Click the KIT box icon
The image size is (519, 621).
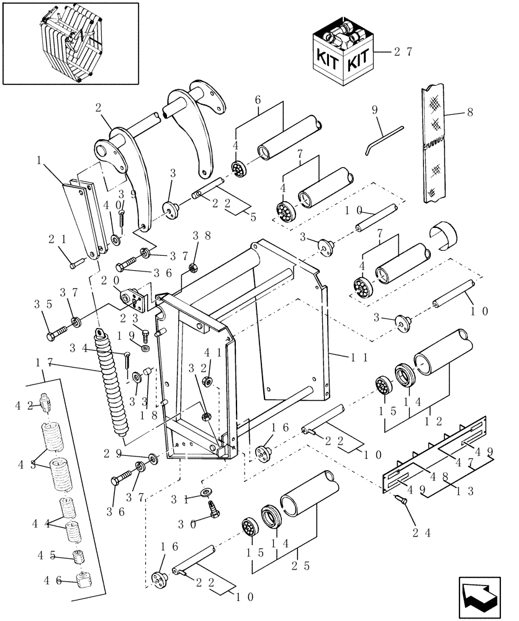coord(343,53)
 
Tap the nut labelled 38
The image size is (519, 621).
coord(193,270)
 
